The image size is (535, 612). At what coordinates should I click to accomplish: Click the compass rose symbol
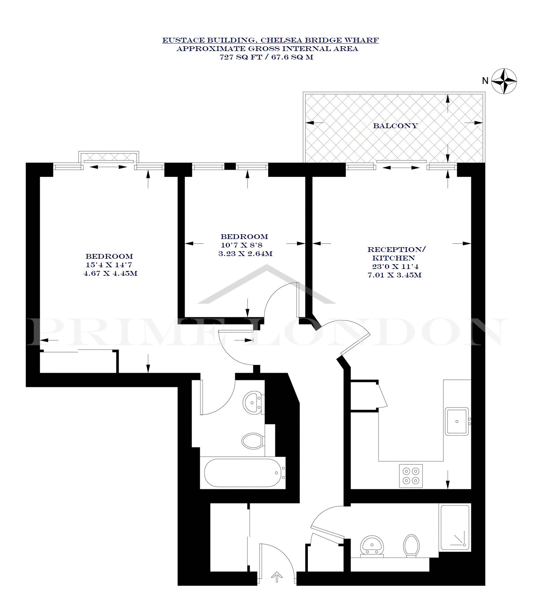[x=504, y=81]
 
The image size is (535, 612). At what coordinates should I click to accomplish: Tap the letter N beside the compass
[x=485, y=81]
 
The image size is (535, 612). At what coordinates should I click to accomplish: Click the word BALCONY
[x=395, y=126]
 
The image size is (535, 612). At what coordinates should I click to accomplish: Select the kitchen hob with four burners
[x=411, y=476]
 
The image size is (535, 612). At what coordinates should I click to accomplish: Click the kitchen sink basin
[x=457, y=421]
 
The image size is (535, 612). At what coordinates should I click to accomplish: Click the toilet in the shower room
[x=412, y=546]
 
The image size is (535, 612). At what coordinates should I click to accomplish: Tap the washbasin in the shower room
[x=372, y=546]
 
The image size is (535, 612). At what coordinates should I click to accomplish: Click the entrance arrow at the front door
[x=277, y=576]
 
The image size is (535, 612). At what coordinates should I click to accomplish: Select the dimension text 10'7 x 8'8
[x=242, y=245]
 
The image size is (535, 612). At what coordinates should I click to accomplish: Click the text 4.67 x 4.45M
[x=111, y=273]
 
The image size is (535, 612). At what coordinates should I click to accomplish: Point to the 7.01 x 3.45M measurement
[x=395, y=275]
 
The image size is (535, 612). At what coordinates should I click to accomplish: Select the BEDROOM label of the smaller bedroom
[x=244, y=237]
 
